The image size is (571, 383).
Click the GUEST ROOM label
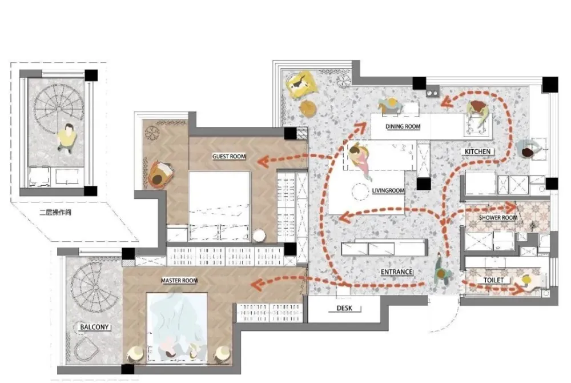[x=229, y=156]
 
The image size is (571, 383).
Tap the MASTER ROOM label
[x=179, y=281]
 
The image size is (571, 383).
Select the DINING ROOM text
[x=403, y=126]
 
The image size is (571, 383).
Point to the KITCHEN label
[x=477, y=151]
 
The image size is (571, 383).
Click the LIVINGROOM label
[x=388, y=190]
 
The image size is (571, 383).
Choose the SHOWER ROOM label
[x=498, y=218]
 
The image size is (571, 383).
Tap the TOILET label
[x=493, y=280]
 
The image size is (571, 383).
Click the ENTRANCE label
[x=397, y=272]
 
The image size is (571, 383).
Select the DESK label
[x=344, y=308]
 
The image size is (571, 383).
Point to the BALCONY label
[x=94, y=327]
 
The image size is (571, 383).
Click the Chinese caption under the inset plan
[x=55, y=212]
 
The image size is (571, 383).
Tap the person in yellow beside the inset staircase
[x=67, y=137]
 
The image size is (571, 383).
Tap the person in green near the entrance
[x=443, y=272]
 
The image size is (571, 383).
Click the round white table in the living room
[x=360, y=190]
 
